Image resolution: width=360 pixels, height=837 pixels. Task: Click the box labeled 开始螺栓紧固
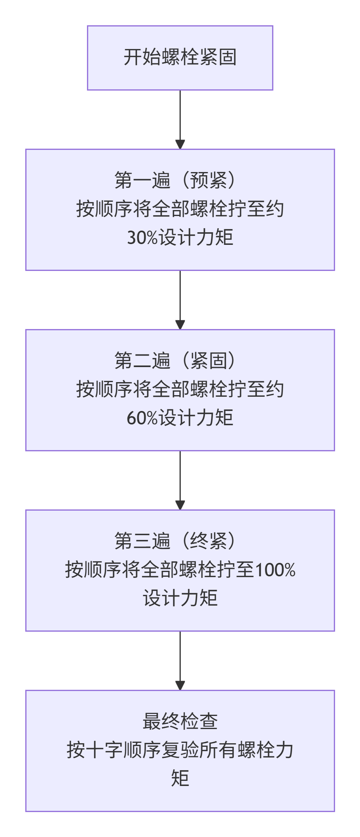180,58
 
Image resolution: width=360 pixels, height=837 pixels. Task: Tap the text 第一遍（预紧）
180,180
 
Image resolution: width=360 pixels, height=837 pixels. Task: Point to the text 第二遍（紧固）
180,361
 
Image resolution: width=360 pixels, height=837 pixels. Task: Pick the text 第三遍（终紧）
180,541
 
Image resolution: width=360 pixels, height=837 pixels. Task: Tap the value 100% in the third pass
275,570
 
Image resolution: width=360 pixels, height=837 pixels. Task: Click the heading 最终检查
180,721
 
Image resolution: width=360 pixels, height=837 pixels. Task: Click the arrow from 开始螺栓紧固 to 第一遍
180,119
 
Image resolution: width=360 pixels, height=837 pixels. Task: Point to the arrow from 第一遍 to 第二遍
180,299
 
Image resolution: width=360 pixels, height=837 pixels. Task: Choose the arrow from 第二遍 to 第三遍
180,479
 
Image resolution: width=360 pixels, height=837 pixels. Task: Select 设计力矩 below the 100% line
180,598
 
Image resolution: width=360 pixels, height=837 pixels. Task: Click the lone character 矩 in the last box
180,778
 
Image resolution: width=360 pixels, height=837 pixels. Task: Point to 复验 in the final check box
180,750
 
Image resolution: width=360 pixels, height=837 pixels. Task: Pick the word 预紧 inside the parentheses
208,180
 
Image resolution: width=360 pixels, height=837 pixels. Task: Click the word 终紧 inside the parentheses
208,541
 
